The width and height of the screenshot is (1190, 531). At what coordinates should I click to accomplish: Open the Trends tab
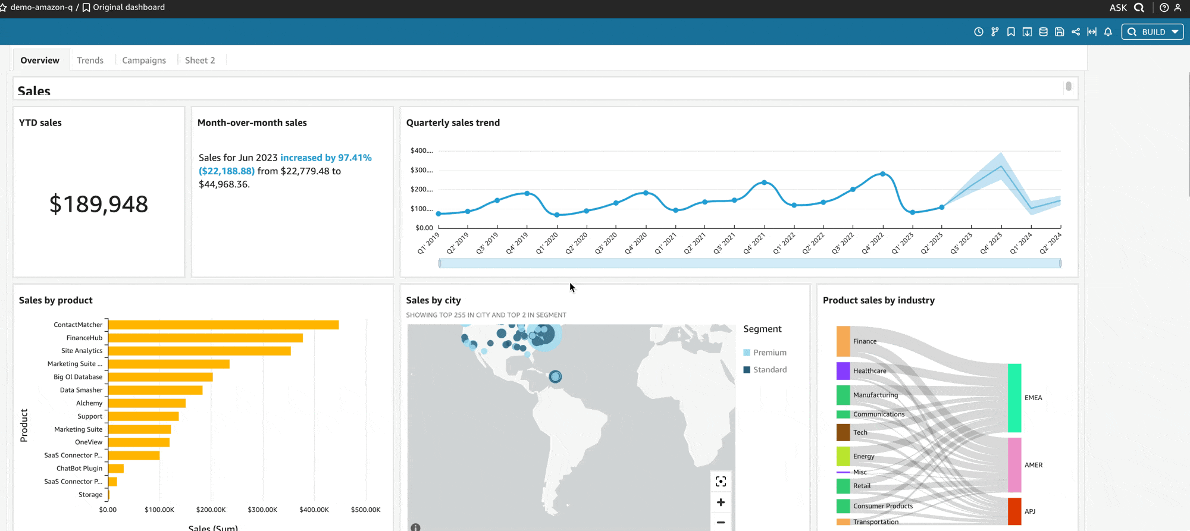(90, 60)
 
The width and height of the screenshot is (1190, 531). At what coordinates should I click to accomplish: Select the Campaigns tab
(144, 60)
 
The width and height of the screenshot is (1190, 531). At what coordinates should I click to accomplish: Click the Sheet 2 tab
(200, 60)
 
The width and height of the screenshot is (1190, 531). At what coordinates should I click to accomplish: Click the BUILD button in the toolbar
(1153, 32)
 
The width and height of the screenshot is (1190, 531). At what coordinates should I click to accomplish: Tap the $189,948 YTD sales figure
(99, 204)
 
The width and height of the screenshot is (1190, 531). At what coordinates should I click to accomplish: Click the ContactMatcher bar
(223, 325)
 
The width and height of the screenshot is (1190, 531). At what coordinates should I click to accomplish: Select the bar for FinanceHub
(205, 338)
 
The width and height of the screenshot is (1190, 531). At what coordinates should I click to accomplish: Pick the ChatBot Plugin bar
(116, 469)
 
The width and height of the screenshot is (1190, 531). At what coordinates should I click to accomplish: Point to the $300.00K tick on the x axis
(262, 510)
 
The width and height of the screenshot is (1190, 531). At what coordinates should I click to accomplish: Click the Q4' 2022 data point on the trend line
(882, 174)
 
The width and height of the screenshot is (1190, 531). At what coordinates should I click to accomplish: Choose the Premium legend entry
(769, 353)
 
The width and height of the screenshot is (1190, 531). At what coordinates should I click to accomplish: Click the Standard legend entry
(769, 370)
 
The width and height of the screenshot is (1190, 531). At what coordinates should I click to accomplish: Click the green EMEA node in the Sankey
(1014, 398)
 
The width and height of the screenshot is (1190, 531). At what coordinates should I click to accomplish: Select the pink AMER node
(1014, 465)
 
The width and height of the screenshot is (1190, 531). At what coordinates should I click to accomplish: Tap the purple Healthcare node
(843, 371)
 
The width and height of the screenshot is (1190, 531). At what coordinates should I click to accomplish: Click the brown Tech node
(843, 432)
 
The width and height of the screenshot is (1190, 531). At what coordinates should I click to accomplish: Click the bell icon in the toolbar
(1108, 32)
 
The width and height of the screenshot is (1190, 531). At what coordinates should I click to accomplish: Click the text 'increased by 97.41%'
(326, 158)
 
